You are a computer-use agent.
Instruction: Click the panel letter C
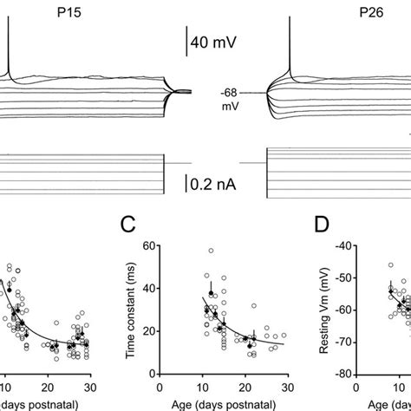pos(128,226)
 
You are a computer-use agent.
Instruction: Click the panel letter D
pos(323,226)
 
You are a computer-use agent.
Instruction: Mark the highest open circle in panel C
pos(210,251)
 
